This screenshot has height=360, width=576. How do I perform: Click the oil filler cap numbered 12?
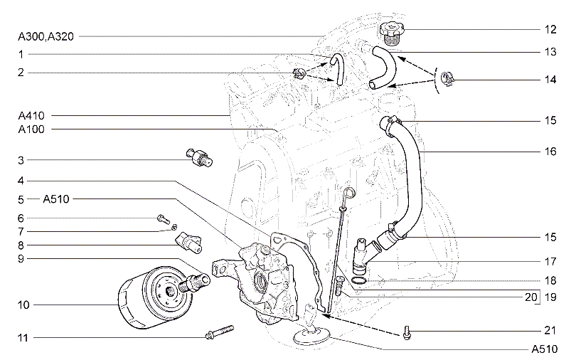[392, 33]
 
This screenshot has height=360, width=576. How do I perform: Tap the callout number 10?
[23, 305]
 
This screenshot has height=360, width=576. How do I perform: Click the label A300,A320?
[46, 36]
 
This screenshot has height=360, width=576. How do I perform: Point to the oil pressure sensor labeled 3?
[200, 157]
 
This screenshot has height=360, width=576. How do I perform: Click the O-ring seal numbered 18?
[358, 281]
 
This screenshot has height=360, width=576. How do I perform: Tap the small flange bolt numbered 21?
[407, 332]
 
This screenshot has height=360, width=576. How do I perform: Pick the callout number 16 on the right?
[550, 152]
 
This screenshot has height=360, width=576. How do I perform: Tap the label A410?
[31, 116]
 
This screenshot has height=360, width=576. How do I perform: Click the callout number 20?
[530, 297]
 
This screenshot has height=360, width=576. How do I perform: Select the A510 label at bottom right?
[545, 349]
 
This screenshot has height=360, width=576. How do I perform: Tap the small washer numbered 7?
[174, 227]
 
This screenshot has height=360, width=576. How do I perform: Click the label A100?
[31, 129]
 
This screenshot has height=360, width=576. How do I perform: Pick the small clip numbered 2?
[299, 73]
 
